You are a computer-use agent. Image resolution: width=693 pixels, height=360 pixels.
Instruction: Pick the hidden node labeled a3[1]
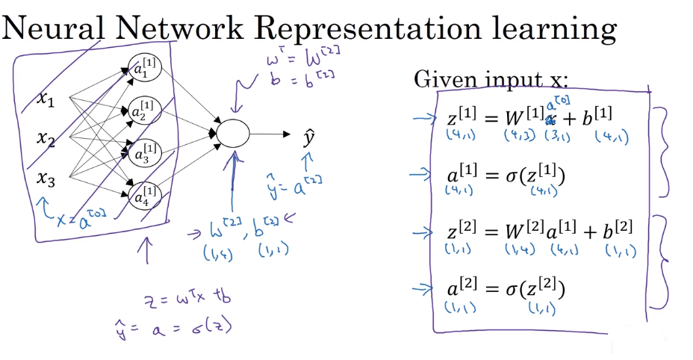(x=142, y=154)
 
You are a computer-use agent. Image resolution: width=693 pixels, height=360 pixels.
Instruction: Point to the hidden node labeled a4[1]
(x=142, y=196)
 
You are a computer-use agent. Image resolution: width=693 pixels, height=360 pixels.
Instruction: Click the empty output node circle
(x=232, y=134)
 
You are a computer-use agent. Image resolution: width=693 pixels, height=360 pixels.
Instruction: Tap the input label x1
(x=46, y=99)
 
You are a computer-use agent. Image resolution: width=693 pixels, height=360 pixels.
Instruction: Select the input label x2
(x=46, y=139)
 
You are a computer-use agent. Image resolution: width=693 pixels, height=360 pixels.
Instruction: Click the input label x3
(x=46, y=179)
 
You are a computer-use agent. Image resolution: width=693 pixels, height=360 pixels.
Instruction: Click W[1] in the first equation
(x=520, y=116)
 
